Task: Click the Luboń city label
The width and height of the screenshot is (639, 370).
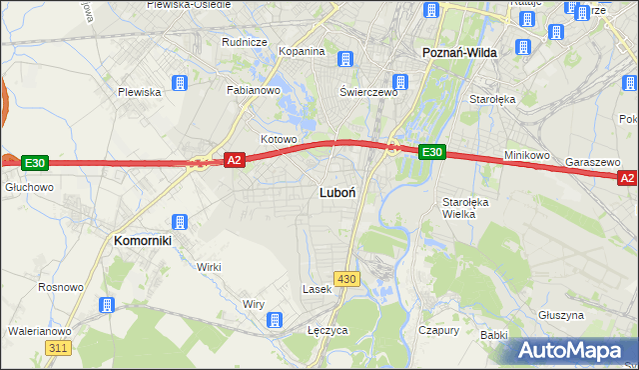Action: [333, 191]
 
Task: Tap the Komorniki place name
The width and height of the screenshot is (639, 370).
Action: [143, 241]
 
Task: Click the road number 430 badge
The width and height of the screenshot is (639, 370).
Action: [346, 279]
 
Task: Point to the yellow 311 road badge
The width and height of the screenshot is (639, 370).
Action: [58, 347]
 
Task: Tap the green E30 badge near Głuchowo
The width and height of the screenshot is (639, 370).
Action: [34, 162]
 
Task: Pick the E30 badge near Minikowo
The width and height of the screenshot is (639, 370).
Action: [430, 152]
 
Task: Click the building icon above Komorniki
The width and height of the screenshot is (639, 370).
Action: [180, 222]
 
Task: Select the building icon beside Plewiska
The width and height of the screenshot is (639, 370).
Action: [180, 83]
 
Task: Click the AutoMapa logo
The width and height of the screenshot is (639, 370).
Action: [573, 350]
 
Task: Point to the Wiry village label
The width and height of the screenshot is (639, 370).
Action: [254, 304]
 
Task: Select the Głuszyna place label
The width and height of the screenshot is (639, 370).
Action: [560, 314]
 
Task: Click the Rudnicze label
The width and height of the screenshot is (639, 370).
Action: [244, 42]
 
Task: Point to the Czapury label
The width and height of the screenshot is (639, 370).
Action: [438, 329]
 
